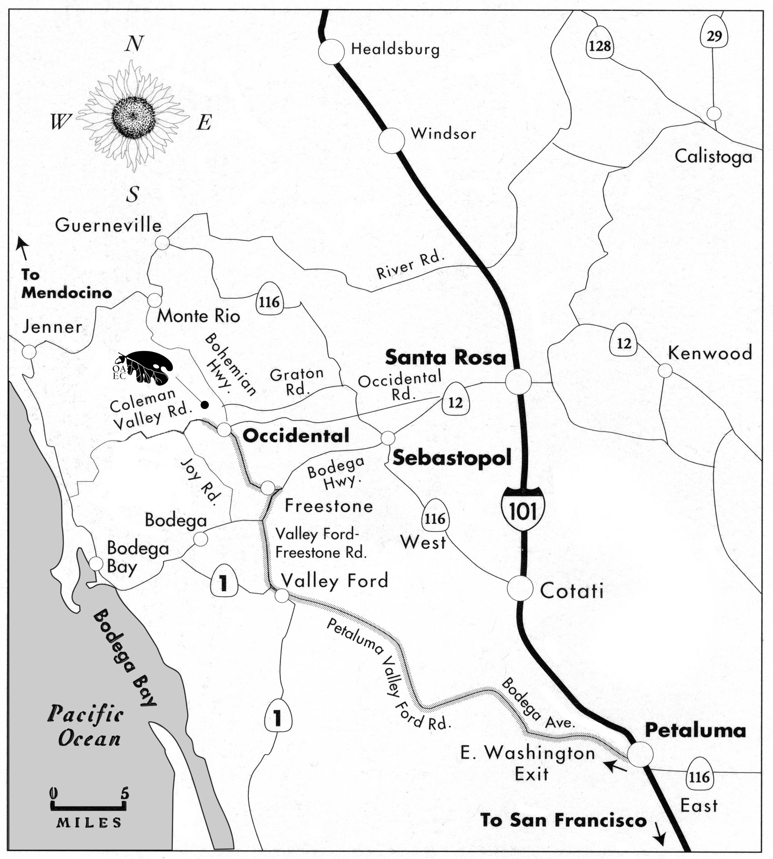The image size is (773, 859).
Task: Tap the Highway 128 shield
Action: (x=600, y=44)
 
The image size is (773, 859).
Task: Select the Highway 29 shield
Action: (x=714, y=35)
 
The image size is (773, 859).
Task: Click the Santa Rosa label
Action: (x=445, y=358)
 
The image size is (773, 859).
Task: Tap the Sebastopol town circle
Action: (x=388, y=438)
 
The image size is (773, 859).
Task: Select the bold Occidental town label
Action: (x=296, y=436)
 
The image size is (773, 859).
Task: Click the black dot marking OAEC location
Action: (x=205, y=405)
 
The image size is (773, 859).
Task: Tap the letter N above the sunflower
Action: (x=134, y=44)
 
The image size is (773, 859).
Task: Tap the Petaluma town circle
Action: (x=640, y=754)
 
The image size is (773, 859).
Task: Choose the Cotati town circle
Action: (x=520, y=588)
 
